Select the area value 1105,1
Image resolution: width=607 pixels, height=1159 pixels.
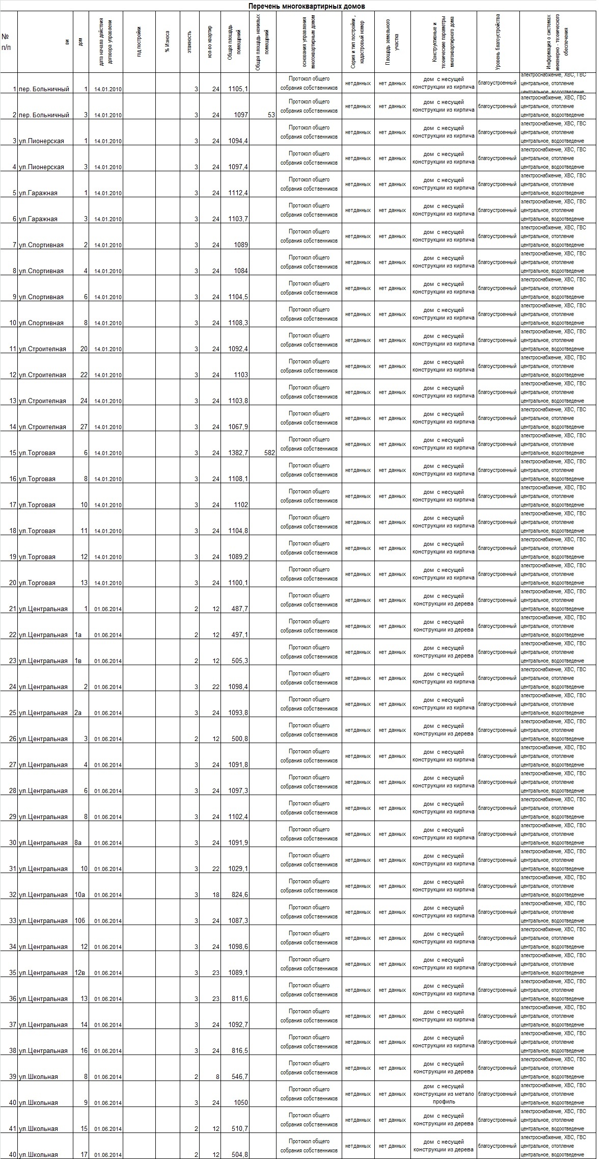pyautogui.click(x=238, y=89)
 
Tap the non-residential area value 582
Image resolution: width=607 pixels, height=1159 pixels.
pyautogui.click(x=269, y=453)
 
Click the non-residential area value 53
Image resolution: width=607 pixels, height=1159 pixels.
pyautogui.click(x=271, y=115)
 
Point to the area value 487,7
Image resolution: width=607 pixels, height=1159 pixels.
pyautogui.click(x=239, y=609)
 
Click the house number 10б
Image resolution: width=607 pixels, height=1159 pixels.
pyautogui.click(x=80, y=921)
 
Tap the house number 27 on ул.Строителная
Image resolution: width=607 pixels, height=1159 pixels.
pyautogui.click(x=84, y=427)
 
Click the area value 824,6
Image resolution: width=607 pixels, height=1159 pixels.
pyautogui.click(x=239, y=895)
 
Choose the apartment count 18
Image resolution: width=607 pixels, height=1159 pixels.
pyautogui.click(x=216, y=895)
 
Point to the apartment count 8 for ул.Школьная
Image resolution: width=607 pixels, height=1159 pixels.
pyautogui.click(x=217, y=1077)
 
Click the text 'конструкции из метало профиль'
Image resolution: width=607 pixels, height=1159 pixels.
pyautogui.click(x=444, y=1097)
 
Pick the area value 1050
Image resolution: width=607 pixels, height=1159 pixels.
pyautogui.click(x=240, y=1103)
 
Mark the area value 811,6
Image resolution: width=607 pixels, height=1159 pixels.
pyautogui.click(x=239, y=999)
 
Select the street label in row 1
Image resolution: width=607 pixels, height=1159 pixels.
pyautogui.click(x=44, y=89)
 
